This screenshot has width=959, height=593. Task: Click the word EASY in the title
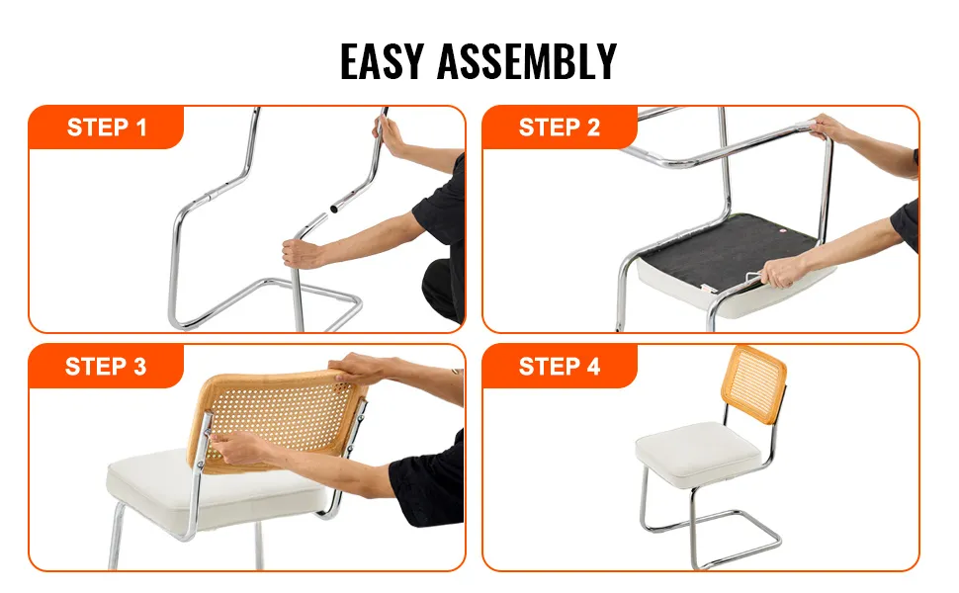[382, 61]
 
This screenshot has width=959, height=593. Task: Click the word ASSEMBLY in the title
[527, 61]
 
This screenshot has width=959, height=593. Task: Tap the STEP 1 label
[107, 127]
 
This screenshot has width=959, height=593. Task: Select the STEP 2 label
[559, 127]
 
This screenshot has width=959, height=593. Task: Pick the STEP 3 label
[106, 367]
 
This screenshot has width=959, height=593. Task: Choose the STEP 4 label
[559, 367]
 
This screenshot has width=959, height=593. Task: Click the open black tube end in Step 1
[334, 210]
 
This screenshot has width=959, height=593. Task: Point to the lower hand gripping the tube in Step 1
[303, 252]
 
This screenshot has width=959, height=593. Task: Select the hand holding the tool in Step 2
[783, 272]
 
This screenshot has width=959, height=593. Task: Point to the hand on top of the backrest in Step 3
[360, 368]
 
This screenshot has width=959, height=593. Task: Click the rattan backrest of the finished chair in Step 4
[754, 383]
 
